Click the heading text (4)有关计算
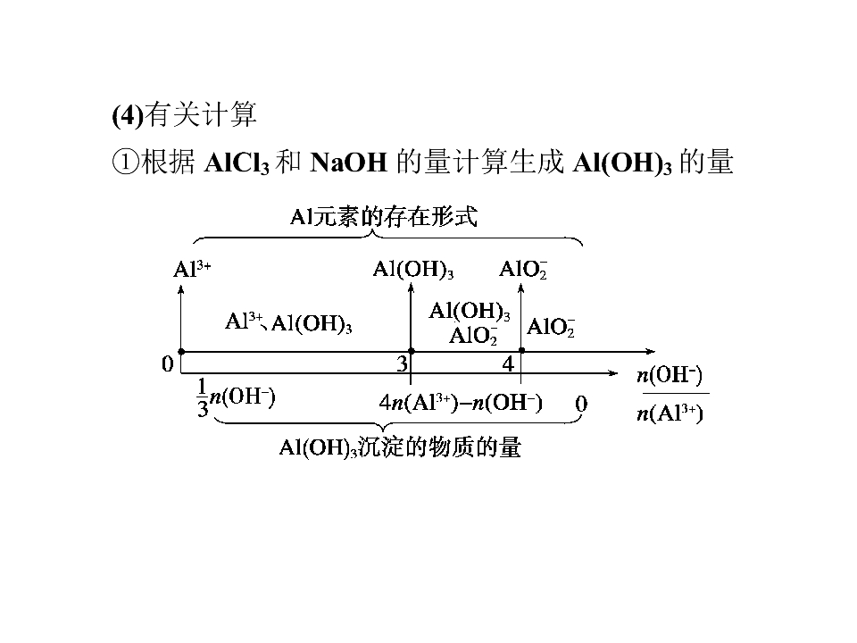(x=184, y=115)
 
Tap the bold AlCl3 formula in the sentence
(x=237, y=163)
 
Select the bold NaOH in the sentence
(x=348, y=162)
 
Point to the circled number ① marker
(x=125, y=163)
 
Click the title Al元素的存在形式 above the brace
(x=383, y=217)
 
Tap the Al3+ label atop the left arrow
(x=192, y=269)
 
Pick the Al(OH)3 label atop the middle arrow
(x=413, y=269)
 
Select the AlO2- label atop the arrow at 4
(x=523, y=269)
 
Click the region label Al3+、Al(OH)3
(x=288, y=322)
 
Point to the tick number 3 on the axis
(x=403, y=363)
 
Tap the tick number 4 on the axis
(x=508, y=363)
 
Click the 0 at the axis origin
(x=168, y=363)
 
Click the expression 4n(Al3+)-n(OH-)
(x=461, y=403)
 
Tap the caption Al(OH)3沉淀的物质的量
(x=400, y=447)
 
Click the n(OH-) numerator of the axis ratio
(x=670, y=375)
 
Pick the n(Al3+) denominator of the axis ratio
(x=670, y=413)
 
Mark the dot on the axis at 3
(x=412, y=351)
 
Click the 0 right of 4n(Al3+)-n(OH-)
(x=581, y=404)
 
